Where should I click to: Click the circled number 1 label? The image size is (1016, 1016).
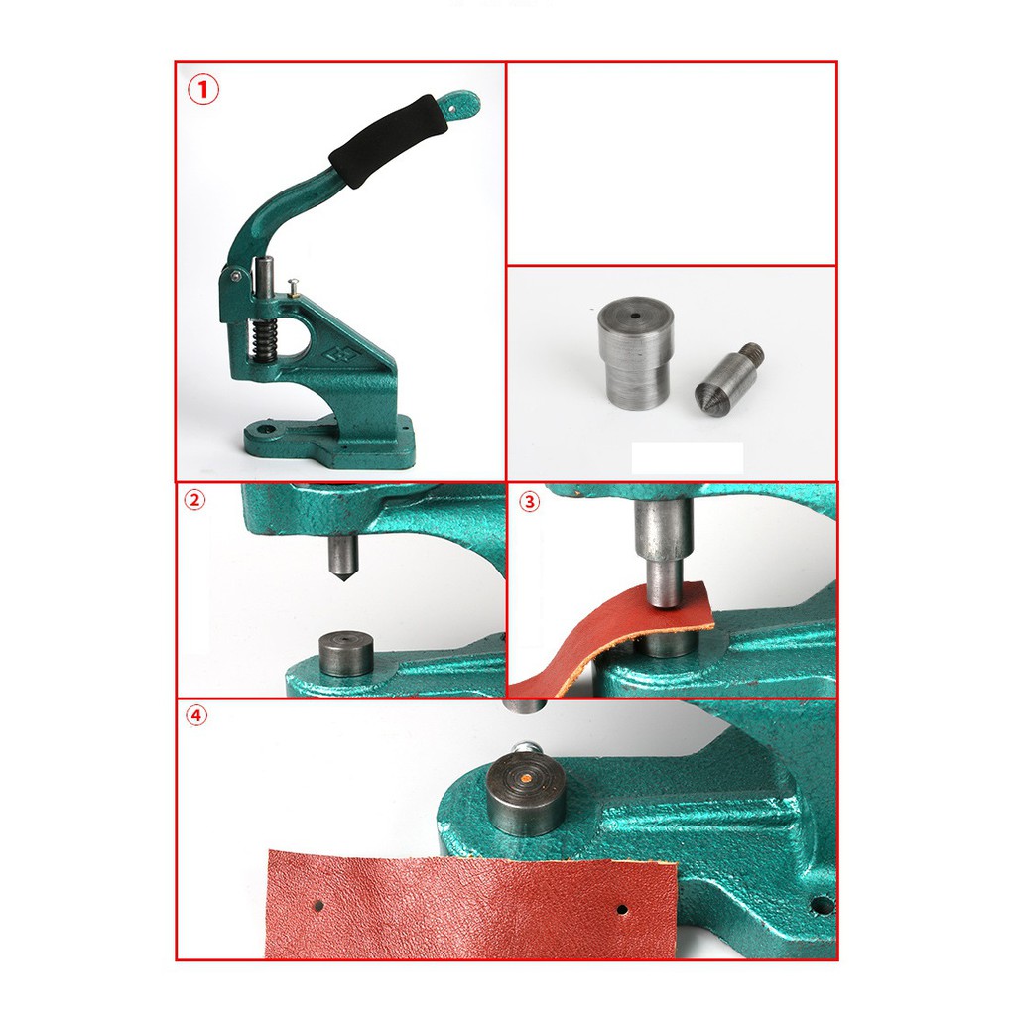[203, 90]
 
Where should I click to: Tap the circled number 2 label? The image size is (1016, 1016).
[194, 500]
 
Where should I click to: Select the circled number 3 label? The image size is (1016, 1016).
[530, 501]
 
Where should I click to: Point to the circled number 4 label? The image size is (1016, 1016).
[197, 715]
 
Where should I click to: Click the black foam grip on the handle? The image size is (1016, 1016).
[389, 141]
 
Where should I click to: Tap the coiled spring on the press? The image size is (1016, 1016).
[263, 340]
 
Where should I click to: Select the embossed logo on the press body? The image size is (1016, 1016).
[341, 354]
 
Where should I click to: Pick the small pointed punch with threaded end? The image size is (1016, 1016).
[728, 376]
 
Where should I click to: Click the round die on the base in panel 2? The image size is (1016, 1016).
[346, 655]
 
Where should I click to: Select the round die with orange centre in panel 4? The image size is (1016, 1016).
[526, 794]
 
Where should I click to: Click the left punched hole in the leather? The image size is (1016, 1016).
[318, 905]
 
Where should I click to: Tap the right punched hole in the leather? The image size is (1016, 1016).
[622, 910]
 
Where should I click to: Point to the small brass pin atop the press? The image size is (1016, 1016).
[293, 287]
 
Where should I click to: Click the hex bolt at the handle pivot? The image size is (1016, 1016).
[235, 277]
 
